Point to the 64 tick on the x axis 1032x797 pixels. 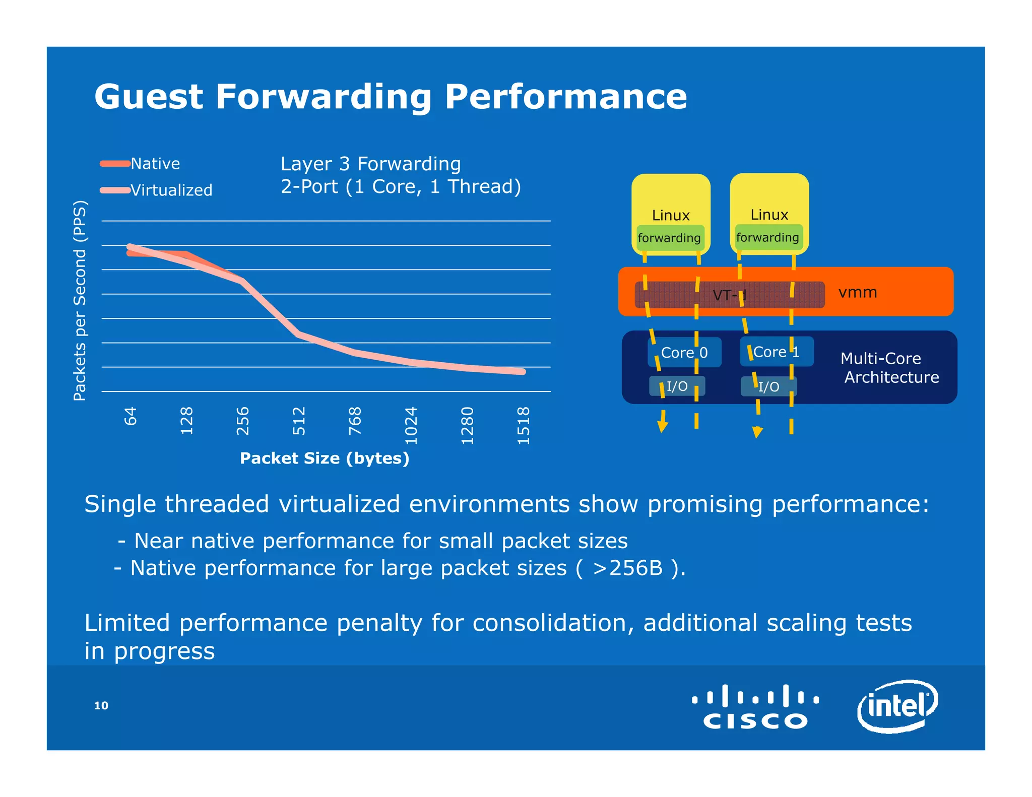(x=131, y=416)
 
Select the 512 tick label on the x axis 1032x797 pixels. (x=299, y=421)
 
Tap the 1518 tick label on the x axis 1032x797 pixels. (x=524, y=425)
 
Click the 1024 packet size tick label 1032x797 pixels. (x=411, y=425)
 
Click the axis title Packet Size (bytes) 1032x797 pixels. (x=324, y=458)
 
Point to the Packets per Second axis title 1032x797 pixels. (x=80, y=301)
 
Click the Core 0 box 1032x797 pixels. (x=684, y=352)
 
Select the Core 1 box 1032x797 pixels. (x=776, y=352)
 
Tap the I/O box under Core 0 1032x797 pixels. (x=677, y=386)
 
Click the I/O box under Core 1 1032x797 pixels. (x=768, y=387)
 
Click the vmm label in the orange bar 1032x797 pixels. (x=858, y=292)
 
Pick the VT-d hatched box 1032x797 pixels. (x=729, y=295)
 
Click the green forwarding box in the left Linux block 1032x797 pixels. (x=669, y=238)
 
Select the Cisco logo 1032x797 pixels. (x=755, y=706)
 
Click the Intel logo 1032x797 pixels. (x=897, y=706)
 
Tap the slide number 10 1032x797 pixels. (x=101, y=706)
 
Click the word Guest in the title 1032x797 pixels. (x=149, y=97)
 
